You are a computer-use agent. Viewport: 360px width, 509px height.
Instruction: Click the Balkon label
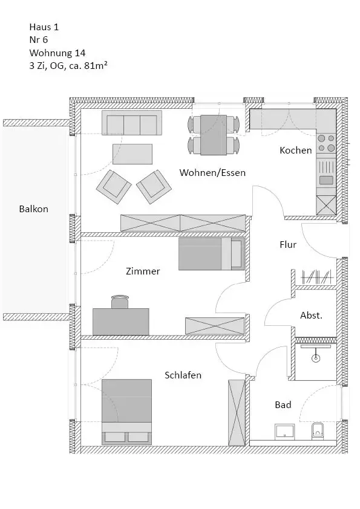click(33, 209)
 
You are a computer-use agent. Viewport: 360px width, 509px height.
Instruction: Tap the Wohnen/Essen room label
click(212, 172)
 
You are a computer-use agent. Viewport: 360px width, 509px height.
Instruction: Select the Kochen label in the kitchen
click(296, 151)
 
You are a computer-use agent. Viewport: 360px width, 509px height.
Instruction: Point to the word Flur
click(288, 244)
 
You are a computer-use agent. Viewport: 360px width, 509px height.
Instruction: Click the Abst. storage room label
click(311, 315)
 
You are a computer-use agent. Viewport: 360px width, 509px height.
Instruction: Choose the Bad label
click(283, 405)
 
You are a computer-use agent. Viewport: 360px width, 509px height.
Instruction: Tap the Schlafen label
click(183, 375)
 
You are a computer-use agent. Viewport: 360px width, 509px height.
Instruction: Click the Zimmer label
click(143, 271)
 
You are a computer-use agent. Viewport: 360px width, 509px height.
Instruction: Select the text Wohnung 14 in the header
click(57, 53)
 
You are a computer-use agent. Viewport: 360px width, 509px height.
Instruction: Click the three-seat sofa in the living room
click(131, 123)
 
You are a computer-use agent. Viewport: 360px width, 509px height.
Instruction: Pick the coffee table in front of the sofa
click(133, 154)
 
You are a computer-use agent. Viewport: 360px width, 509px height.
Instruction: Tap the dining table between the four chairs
click(214, 135)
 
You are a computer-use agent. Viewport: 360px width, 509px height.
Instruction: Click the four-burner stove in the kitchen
click(326, 143)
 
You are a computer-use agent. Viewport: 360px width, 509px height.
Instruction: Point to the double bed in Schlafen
click(126, 412)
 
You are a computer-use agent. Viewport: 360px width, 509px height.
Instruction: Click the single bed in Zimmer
click(212, 254)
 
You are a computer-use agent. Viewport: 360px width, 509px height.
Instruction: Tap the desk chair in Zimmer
click(120, 302)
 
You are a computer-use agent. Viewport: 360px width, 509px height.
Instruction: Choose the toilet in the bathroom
click(318, 432)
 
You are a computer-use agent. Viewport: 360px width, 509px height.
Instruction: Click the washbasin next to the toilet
click(284, 432)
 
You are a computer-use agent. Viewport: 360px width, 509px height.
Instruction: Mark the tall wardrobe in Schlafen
click(237, 413)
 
